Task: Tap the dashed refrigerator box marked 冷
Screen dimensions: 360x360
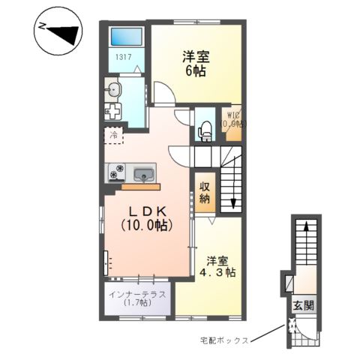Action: tap(113, 136)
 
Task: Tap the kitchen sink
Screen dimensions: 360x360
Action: tap(142, 174)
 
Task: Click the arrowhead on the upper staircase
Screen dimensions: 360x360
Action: tap(233, 202)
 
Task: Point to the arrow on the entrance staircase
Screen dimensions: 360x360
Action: tap(304, 232)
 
